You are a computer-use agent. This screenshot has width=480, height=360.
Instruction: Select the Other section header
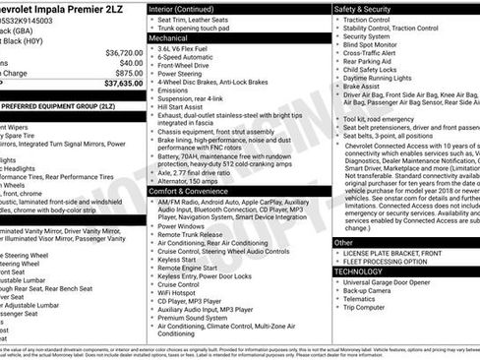343,242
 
